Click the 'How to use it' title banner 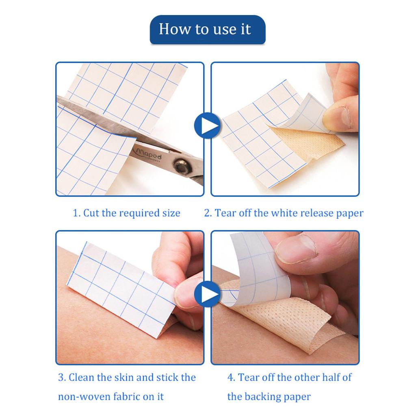pos(207,30)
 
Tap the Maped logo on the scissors pos(147,155)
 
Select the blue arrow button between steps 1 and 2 pos(207,126)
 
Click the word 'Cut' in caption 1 pos(91,213)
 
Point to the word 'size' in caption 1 pos(170,213)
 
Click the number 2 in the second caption pos(208,213)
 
